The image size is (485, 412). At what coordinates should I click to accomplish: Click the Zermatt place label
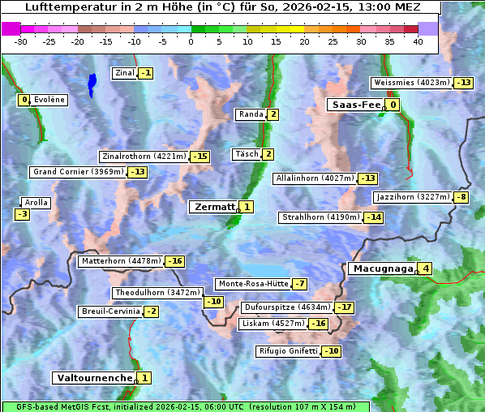point(213,207)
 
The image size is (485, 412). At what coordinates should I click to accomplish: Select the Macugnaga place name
point(382,268)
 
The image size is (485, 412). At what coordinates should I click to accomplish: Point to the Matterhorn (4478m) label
point(120,261)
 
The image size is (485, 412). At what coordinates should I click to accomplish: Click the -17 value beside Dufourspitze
point(346,308)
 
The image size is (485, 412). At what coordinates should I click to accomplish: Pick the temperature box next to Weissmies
point(464,83)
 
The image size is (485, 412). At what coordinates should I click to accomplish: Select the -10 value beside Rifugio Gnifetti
point(331,351)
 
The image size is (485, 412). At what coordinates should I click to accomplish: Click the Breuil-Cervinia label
point(109,311)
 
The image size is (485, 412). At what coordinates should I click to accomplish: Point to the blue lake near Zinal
point(92,83)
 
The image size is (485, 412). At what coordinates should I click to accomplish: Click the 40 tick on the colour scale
point(418,41)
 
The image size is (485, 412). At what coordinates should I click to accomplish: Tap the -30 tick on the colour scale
point(21,41)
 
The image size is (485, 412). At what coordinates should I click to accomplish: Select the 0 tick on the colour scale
point(191,41)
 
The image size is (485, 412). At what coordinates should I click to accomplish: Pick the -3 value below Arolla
point(22,214)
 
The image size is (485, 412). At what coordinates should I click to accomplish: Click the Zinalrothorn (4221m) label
point(144,157)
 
